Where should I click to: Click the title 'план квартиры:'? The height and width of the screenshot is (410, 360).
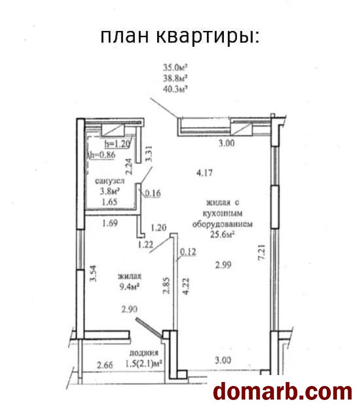180,37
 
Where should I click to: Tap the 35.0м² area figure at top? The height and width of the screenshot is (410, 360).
175,68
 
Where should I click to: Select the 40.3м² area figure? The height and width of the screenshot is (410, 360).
175,89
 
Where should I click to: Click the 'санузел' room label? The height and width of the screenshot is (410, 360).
110,181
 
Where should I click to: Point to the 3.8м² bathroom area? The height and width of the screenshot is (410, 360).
110,191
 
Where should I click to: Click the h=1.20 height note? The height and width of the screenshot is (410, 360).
117,144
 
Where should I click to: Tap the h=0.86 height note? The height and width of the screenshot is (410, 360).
102,155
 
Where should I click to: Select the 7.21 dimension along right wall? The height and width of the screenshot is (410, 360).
262,252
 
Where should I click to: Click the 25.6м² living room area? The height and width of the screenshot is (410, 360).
222,234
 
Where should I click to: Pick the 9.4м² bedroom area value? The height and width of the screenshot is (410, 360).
129,287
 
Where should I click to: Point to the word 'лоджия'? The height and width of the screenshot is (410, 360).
144,353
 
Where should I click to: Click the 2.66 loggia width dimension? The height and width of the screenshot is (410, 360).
105,365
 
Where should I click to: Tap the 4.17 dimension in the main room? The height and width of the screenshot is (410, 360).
205,172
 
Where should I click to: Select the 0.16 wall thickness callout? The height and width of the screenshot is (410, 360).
153,193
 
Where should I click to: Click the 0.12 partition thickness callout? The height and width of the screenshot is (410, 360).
188,252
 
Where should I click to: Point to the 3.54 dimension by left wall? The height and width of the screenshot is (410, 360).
93,273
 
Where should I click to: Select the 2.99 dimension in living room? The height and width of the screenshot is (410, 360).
223,265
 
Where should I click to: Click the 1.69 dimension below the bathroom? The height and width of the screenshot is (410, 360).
110,223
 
